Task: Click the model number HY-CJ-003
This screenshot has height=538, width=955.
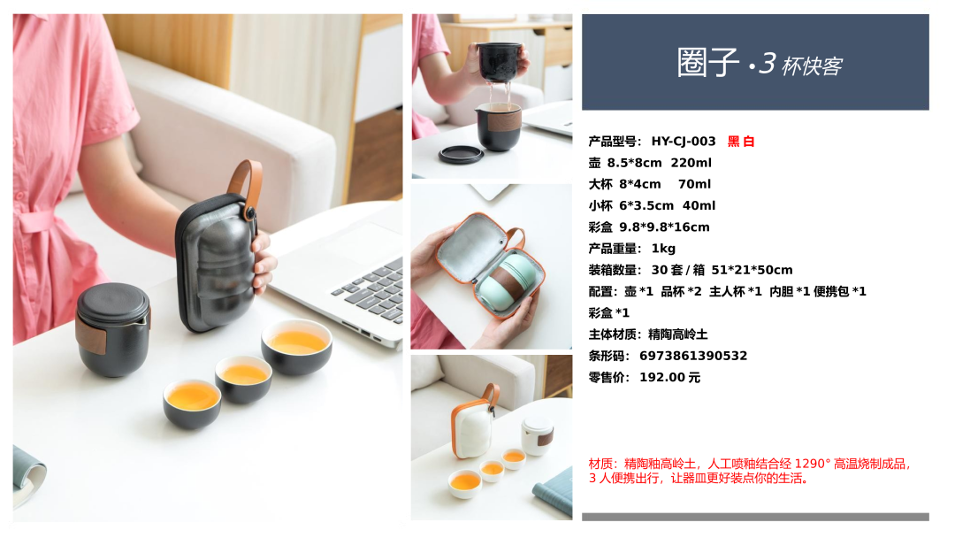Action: [684, 142]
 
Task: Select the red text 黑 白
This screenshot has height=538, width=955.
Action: [741, 142]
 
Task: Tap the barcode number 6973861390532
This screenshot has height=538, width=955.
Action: [693, 356]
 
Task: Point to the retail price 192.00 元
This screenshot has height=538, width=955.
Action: [670, 377]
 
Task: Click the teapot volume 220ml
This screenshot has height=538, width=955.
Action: [691, 163]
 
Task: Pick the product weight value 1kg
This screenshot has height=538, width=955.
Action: [663, 249]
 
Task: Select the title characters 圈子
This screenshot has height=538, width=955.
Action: [708, 62]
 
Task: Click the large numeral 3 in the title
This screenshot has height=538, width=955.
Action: [767, 63]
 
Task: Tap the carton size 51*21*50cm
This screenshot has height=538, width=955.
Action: [753, 270]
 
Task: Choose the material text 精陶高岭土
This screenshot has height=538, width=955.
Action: [678, 334]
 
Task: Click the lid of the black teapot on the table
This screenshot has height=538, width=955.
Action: [113, 303]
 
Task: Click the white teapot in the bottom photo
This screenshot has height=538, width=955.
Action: [538, 435]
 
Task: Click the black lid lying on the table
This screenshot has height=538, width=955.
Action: [461, 154]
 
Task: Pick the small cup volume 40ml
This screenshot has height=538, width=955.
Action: [699, 206]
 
